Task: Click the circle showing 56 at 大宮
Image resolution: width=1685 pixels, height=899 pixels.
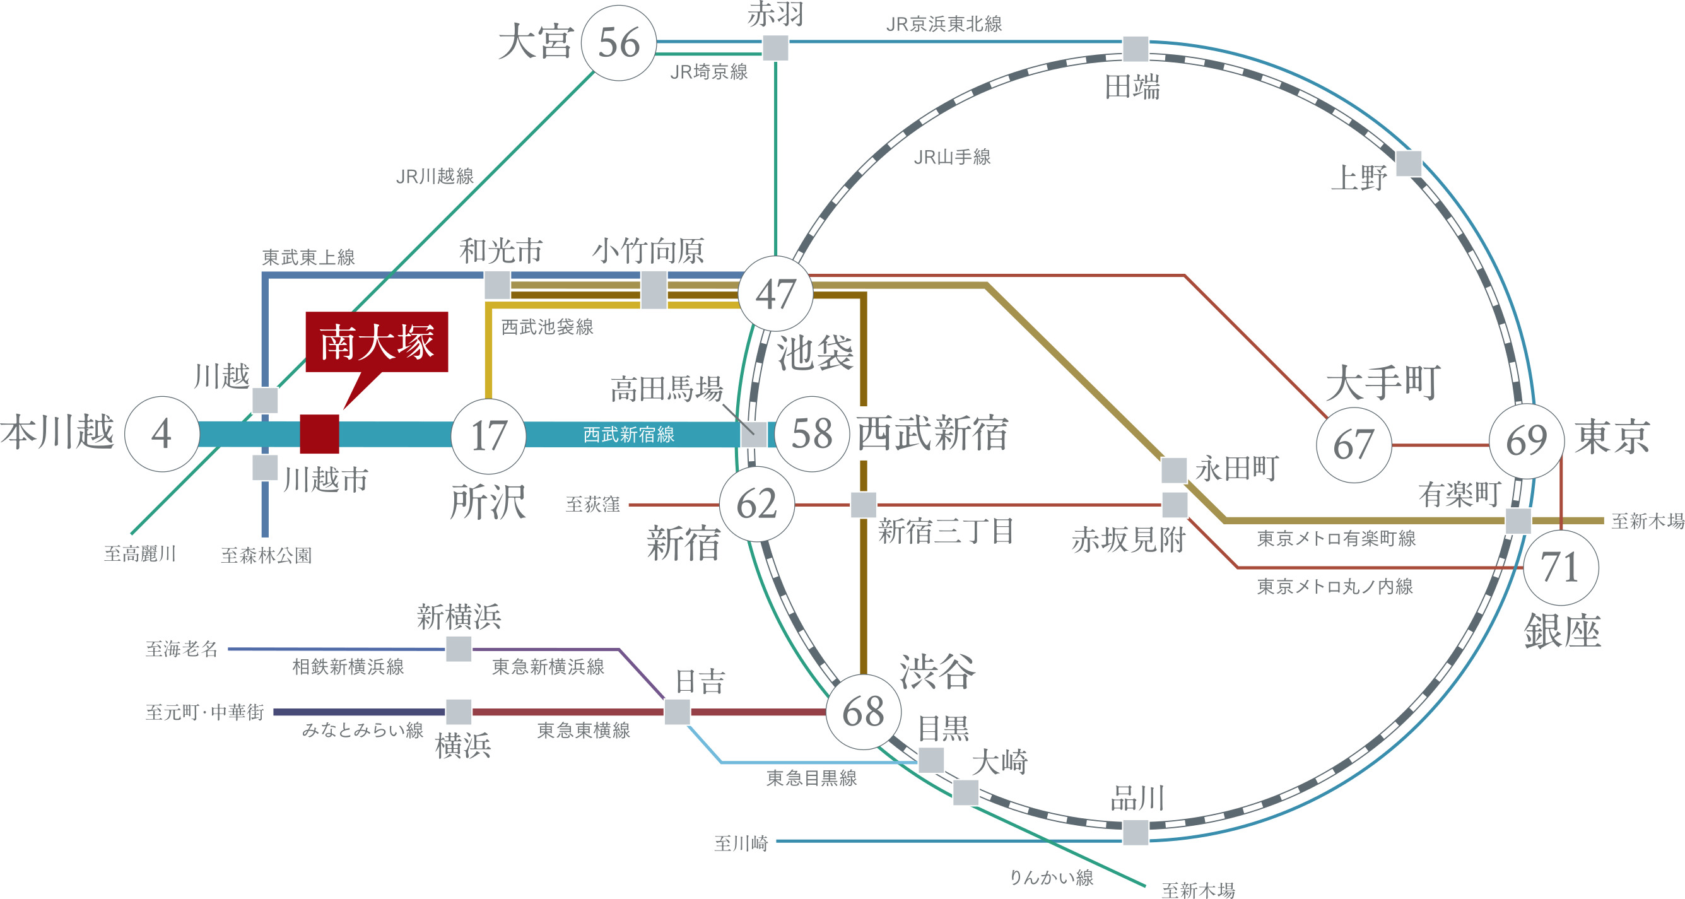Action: pos(618,43)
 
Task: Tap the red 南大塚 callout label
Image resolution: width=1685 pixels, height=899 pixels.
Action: pos(377,341)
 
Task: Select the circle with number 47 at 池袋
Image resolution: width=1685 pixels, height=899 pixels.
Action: pos(775,294)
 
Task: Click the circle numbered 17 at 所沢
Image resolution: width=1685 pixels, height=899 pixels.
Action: pos(488,436)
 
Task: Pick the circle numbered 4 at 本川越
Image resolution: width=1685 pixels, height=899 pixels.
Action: pos(161,434)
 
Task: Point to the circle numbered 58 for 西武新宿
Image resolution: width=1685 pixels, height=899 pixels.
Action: pos(812,434)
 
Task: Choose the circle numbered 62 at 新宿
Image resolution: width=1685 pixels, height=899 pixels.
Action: pos(757,504)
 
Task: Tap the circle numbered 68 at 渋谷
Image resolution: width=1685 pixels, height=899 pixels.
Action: pos(863,712)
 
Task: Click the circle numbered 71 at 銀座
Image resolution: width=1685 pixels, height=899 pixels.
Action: pos(1561,567)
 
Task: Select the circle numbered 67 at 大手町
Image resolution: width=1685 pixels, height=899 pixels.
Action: pos(1353,445)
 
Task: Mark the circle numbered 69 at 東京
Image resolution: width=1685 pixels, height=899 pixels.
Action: pos(1526,440)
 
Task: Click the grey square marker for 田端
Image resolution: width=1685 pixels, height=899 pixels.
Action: pos(1136,49)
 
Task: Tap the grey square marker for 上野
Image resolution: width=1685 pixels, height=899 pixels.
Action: pos(1408,163)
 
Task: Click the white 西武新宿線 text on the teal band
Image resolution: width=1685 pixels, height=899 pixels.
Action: pos(628,435)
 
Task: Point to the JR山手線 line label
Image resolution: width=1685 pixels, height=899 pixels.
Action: pos(952,157)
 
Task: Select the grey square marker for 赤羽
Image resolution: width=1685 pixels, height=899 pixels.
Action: pos(775,48)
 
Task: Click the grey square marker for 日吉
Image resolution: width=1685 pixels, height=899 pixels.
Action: pos(677,712)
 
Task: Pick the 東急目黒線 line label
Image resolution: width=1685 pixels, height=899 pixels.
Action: pos(811,778)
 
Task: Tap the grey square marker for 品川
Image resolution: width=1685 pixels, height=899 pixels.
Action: pos(1136,832)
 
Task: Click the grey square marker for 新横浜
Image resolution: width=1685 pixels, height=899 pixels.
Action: pos(459,649)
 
